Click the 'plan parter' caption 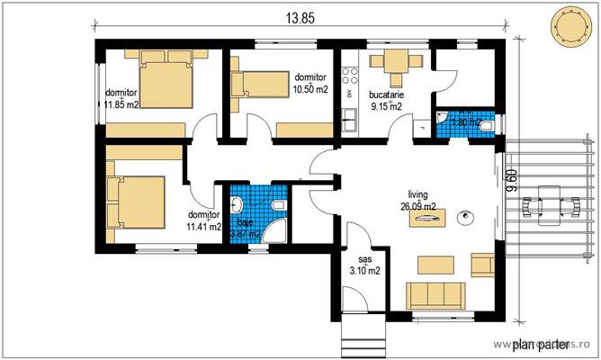pyautogui.click(x=539, y=343)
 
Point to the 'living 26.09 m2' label pyautogui.click(x=418, y=200)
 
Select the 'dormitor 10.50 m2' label pyautogui.click(x=309, y=83)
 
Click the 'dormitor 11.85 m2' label pyautogui.click(x=121, y=98)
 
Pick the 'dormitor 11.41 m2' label pyautogui.click(x=203, y=221)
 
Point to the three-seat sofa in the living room pyautogui.click(x=435, y=294)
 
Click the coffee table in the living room pyautogui.click(x=435, y=264)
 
